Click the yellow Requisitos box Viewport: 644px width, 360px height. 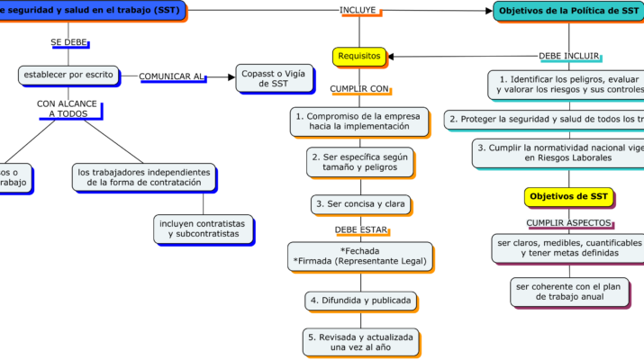[x=359, y=56]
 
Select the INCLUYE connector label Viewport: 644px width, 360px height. [x=358, y=10]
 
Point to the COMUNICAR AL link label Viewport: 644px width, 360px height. [x=172, y=76]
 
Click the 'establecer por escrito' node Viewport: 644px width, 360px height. [x=68, y=74]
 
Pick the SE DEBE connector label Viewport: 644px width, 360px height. [x=68, y=42]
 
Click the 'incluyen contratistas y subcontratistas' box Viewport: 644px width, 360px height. [x=203, y=228]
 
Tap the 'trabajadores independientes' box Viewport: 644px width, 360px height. [x=144, y=177]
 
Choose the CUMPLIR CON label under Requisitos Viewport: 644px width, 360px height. [x=359, y=89]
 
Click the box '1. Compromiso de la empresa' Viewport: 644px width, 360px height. [x=358, y=121]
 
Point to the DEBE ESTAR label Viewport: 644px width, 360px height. [x=359, y=229]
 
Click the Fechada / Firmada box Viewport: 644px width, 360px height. [x=359, y=256]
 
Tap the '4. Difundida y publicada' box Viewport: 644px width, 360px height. [x=359, y=299]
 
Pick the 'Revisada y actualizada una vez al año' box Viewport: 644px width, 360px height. [x=359, y=341]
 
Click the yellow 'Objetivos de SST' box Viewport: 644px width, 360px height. [x=568, y=196]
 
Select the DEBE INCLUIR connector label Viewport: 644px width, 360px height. [x=568, y=55]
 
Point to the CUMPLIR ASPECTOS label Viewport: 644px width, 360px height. [x=568, y=222]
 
